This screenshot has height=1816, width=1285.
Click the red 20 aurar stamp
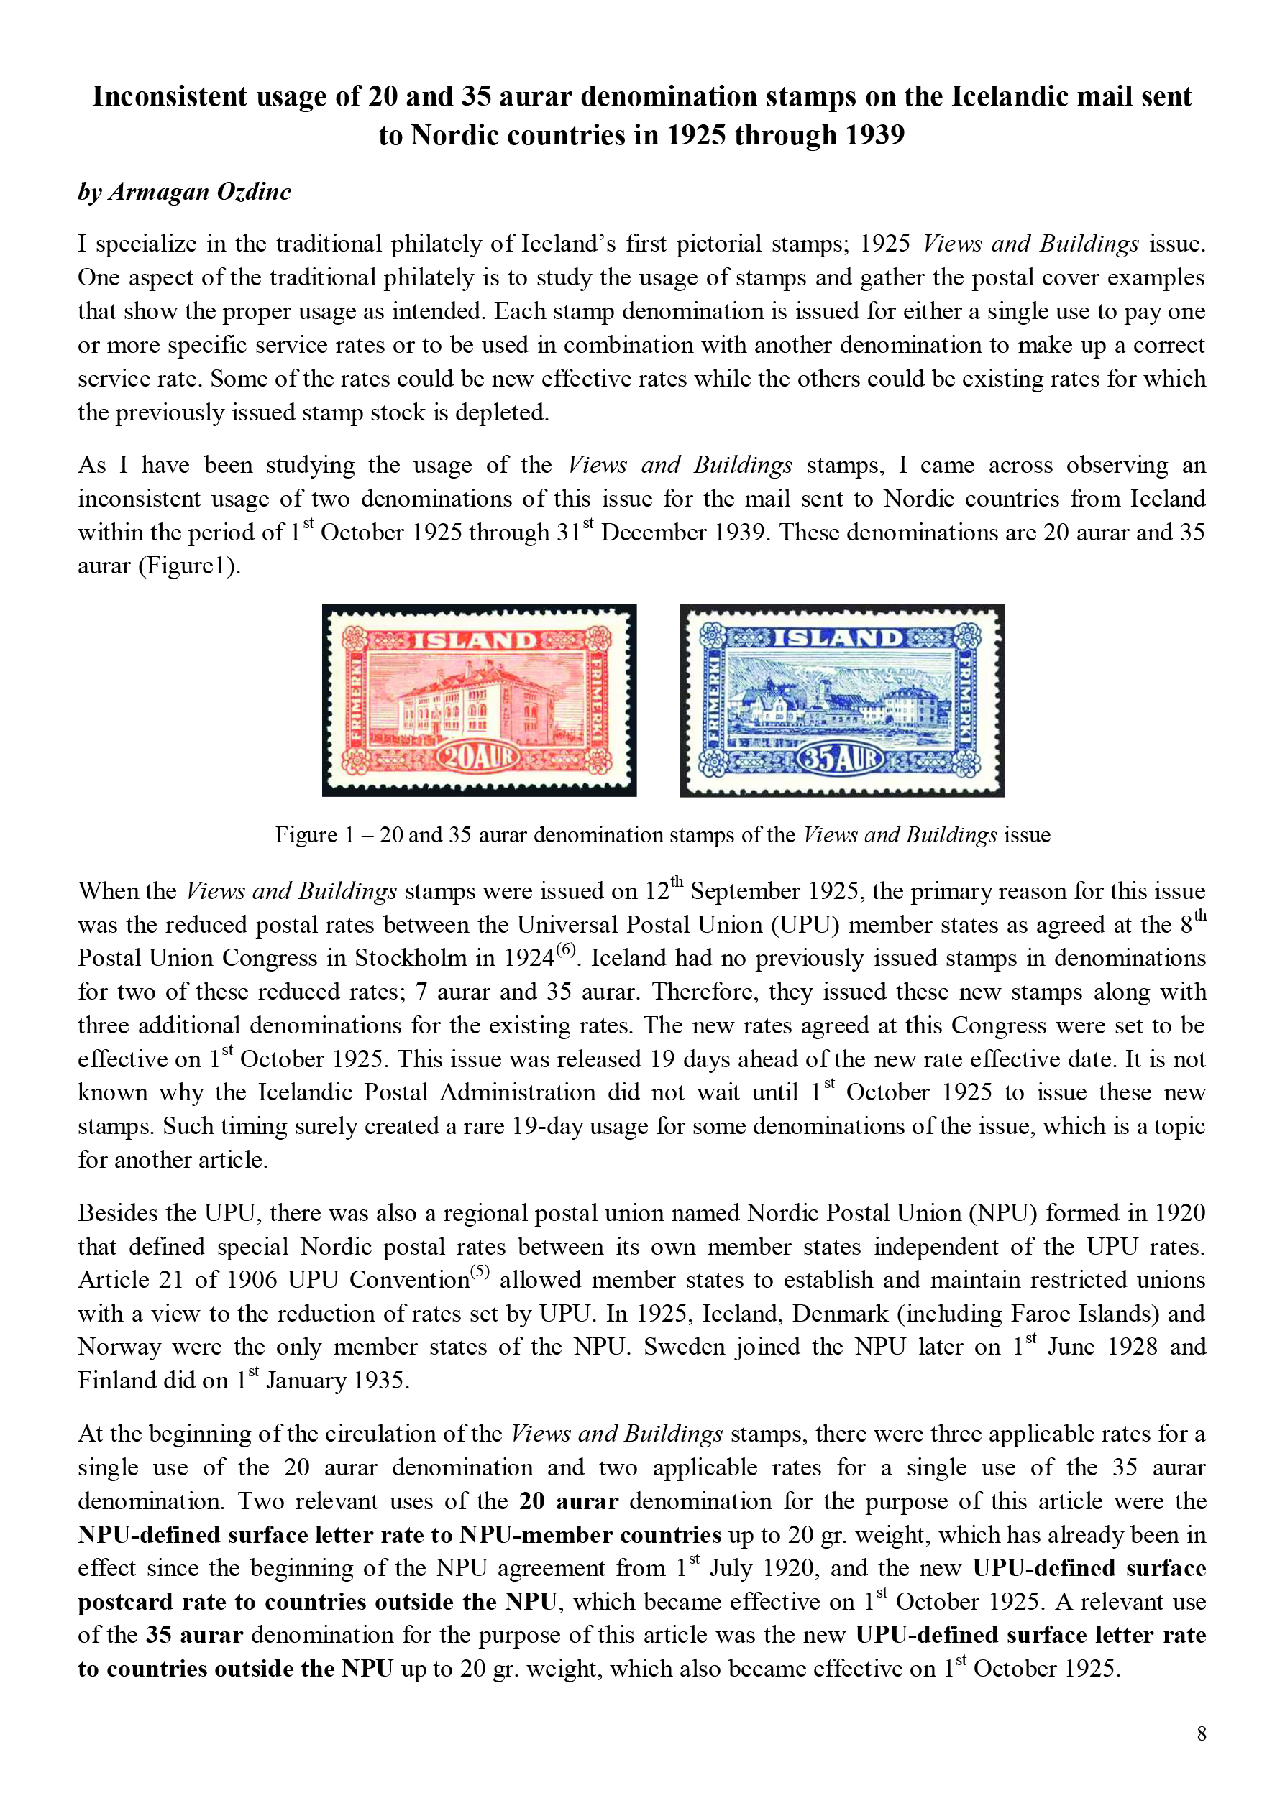pyautogui.click(x=479, y=700)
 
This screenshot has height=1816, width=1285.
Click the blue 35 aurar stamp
pyautogui.click(x=842, y=700)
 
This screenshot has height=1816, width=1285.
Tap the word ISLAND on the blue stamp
pyautogui.click(x=838, y=637)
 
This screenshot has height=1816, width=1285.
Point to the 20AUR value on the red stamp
pyautogui.click(x=477, y=757)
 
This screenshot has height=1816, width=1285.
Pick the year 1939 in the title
pyautogui.click(x=872, y=135)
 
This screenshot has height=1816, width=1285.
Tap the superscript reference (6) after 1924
pyautogui.click(x=565, y=950)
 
